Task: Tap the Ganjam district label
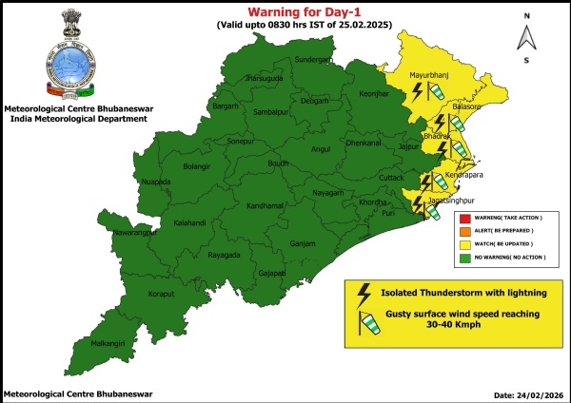[303, 244]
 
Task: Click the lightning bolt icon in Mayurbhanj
[416, 90]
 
